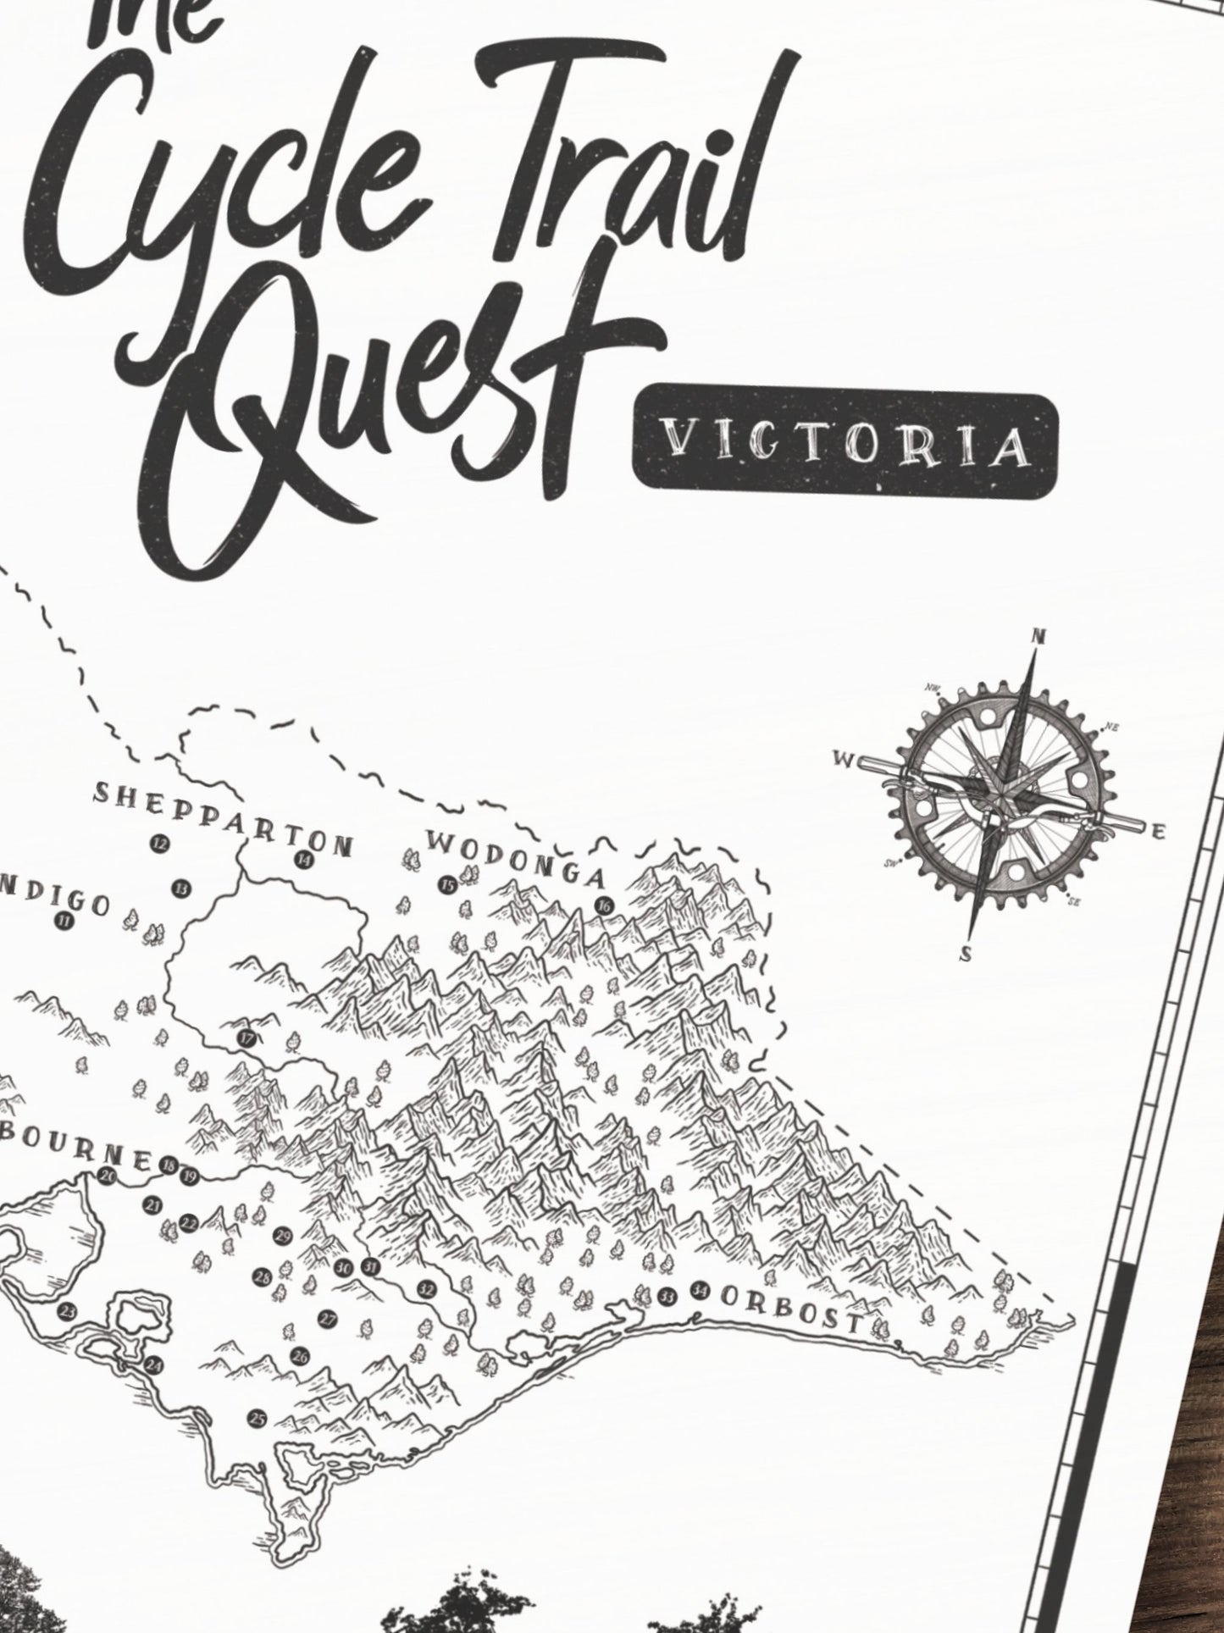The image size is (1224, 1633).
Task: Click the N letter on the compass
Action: pyautogui.click(x=1035, y=637)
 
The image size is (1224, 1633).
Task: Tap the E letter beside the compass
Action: pyautogui.click(x=1160, y=833)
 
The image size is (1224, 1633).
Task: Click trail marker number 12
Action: pyautogui.click(x=158, y=843)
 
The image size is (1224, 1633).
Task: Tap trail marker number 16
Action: pyautogui.click(x=603, y=905)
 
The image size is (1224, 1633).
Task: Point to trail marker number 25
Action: pyautogui.click(x=257, y=1417)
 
